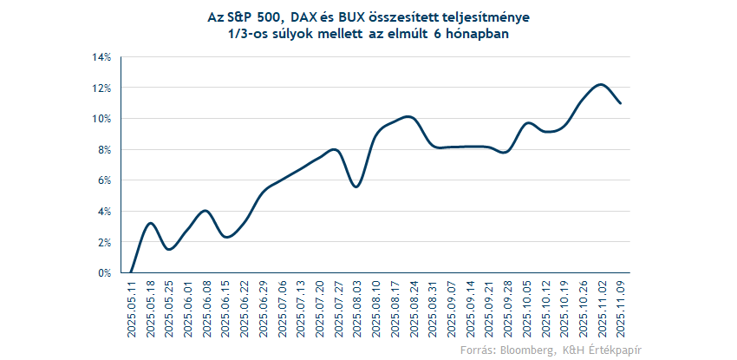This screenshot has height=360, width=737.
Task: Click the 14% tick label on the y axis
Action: coord(103,57)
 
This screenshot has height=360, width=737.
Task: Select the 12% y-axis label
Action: coord(103,88)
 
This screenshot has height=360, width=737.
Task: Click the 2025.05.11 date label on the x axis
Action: coord(132,308)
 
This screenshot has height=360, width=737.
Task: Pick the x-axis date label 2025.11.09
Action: coord(620,308)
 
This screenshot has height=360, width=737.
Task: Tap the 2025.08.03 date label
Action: coord(355,308)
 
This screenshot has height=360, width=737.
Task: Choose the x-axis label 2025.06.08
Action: coord(206,308)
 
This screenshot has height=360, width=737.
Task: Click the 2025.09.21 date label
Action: coord(489,308)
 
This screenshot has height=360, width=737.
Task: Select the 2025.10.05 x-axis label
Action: coord(527,308)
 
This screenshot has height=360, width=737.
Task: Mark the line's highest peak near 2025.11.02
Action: coord(600,84)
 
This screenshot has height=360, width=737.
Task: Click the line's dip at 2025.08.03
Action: coord(355,187)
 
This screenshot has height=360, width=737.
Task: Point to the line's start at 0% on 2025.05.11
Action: coord(132,272)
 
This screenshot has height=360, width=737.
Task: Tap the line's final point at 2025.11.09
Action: coord(620,102)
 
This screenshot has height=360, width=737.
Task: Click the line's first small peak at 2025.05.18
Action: coord(151,223)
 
